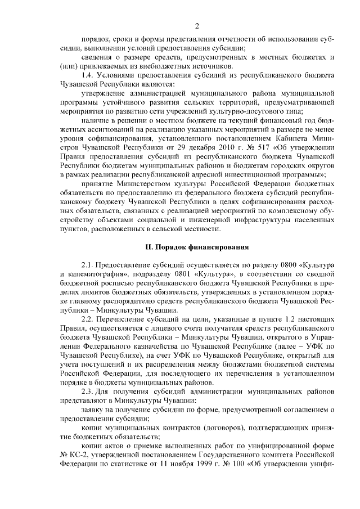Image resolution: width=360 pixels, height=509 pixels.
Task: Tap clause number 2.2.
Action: click(89, 319)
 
